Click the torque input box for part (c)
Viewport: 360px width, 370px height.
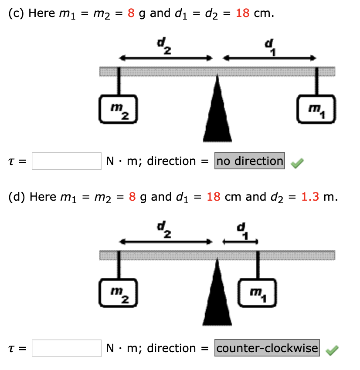[x=66, y=161]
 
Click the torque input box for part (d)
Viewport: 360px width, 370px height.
[x=66, y=348]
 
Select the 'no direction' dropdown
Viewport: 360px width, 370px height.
[x=250, y=161]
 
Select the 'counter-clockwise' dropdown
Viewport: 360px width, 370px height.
[x=267, y=348]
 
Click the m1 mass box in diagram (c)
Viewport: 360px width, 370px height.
[x=316, y=109]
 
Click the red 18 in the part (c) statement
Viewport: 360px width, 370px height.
[x=242, y=13]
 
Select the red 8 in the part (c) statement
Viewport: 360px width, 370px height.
[x=131, y=13]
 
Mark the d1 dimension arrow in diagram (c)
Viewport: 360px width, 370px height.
[x=269, y=58]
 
